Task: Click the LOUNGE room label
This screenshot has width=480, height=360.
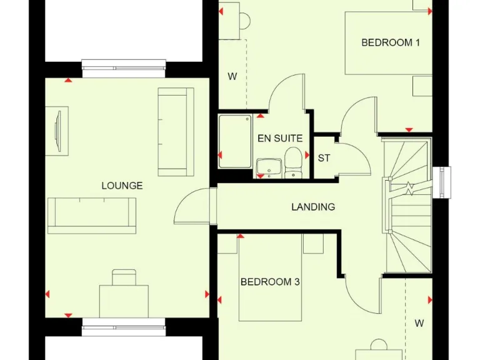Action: (x=122, y=186)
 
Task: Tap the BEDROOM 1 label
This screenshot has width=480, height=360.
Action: (x=391, y=42)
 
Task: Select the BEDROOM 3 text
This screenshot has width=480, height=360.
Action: (x=270, y=282)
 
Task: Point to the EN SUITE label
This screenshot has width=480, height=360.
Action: (x=280, y=138)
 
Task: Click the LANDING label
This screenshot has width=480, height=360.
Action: (x=313, y=206)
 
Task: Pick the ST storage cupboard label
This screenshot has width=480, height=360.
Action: (x=324, y=158)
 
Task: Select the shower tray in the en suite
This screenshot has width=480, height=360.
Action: (x=235, y=141)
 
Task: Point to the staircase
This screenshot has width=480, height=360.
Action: (x=407, y=206)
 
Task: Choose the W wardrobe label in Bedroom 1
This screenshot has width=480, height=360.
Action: (x=232, y=77)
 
